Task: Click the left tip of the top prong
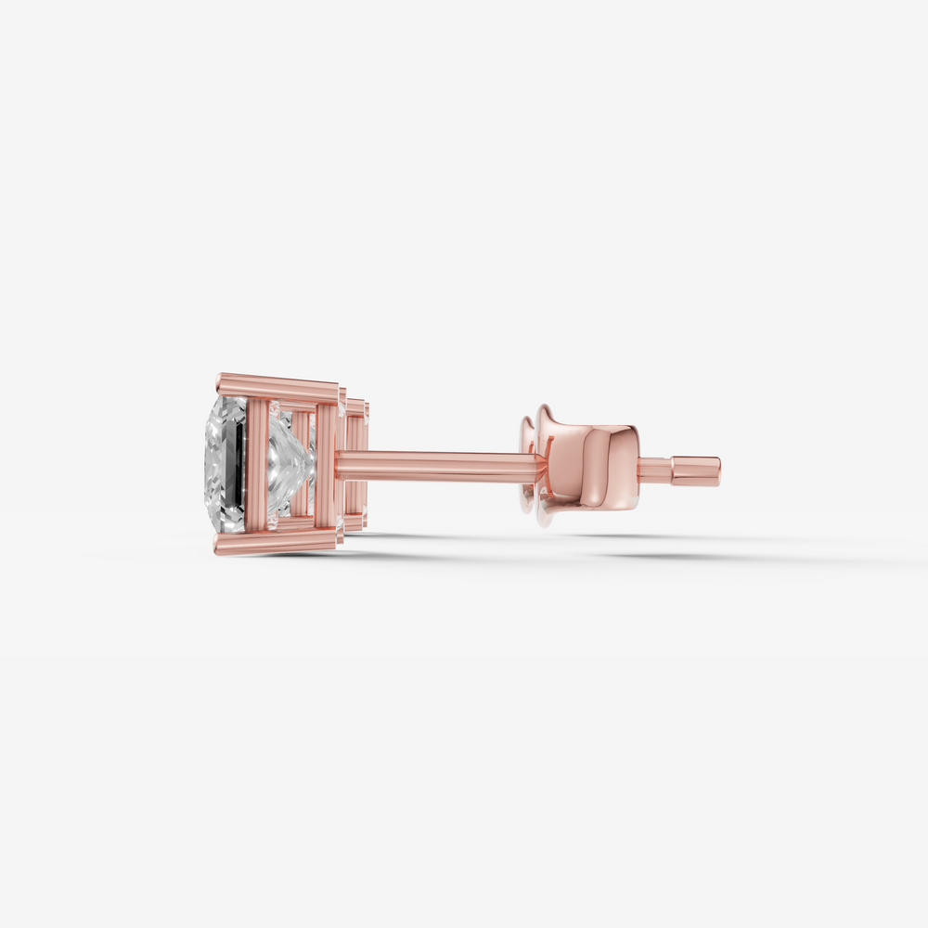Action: coord(220,380)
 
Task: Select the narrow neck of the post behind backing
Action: coord(654,470)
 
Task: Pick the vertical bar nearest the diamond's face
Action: coord(257,464)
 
